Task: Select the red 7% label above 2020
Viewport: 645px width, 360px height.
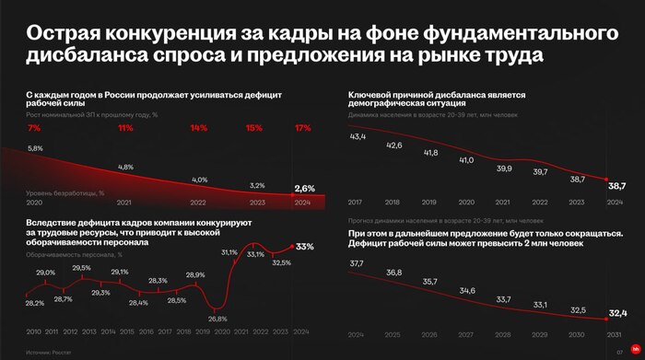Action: click(34, 129)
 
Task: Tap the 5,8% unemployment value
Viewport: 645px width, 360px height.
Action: click(36, 148)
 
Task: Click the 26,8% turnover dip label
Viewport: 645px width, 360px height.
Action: click(217, 319)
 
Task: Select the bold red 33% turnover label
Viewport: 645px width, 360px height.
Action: click(305, 247)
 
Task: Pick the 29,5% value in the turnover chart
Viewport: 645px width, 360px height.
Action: click(82, 268)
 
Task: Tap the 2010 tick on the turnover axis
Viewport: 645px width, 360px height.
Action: click(33, 331)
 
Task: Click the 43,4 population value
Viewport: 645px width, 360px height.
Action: click(358, 136)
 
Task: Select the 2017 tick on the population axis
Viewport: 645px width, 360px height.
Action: click(357, 202)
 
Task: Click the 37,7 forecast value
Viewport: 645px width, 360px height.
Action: click(358, 263)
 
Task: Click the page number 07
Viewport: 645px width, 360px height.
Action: click(619, 351)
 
